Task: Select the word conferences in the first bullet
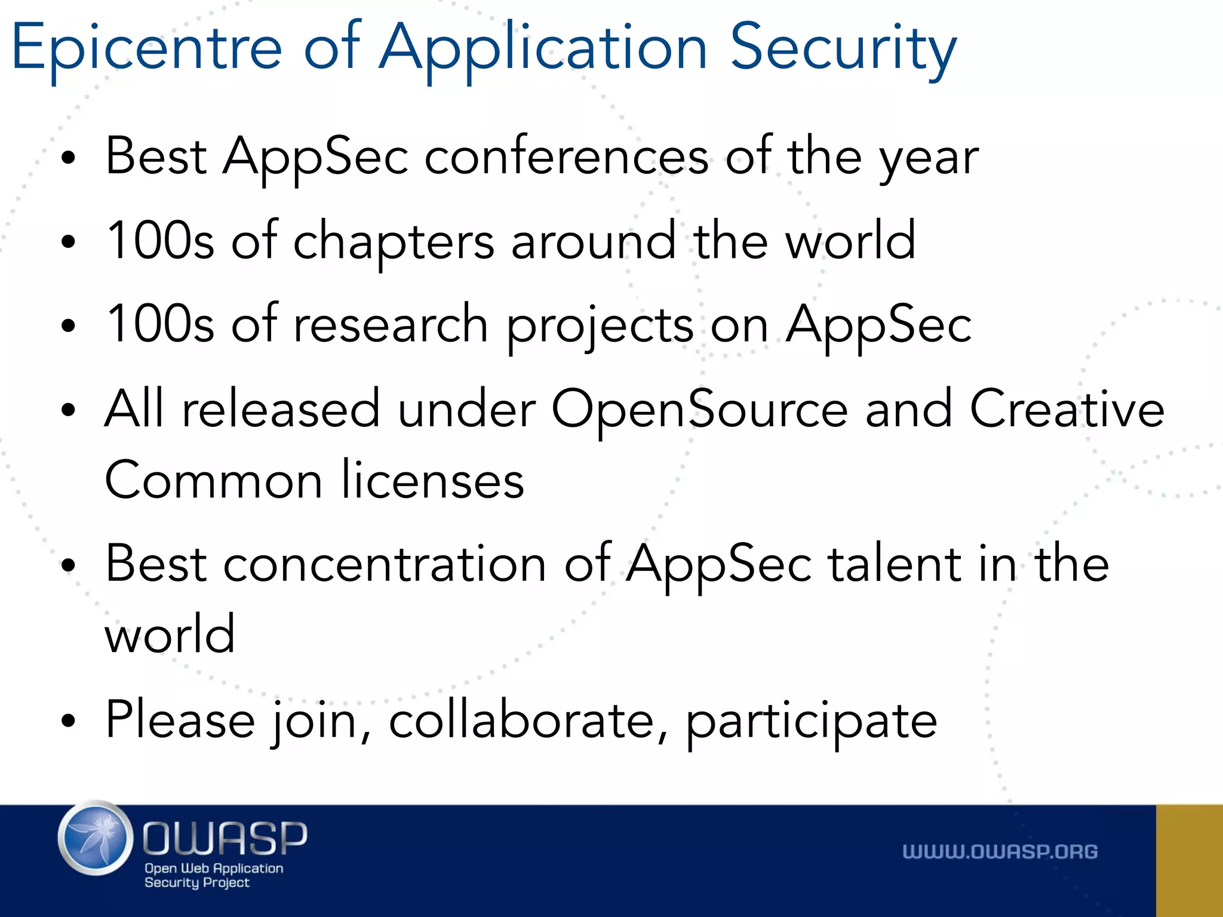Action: point(566,156)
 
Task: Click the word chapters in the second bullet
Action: point(394,241)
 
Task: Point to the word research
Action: point(391,325)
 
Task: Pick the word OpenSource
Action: point(699,410)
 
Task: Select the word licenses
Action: point(433,481)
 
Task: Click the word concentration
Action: point(385,564)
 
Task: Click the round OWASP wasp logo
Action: point(96,838)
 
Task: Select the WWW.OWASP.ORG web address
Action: point(1000,851)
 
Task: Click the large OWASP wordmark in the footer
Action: point(225,838)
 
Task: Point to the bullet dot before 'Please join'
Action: point(69,721)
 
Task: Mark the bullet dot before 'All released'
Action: point(69,410)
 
